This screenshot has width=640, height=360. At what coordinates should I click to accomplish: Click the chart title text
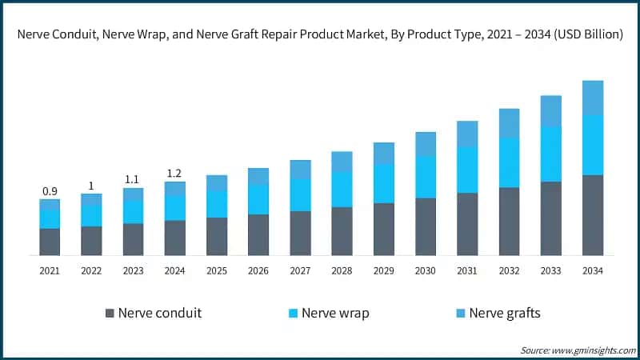320,35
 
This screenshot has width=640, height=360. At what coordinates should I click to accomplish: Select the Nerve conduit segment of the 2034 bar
592,215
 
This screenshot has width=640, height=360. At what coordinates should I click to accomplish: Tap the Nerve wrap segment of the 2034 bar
592,145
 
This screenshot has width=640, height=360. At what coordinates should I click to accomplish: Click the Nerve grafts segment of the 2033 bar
550,111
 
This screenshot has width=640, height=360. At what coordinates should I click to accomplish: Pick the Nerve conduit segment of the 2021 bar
50,242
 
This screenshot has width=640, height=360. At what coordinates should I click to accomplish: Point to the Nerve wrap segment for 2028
342,190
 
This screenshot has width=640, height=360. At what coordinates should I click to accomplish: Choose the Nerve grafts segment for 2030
426,144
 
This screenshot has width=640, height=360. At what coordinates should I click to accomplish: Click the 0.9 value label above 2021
50,191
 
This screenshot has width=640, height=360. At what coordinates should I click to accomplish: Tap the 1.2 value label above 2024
174,174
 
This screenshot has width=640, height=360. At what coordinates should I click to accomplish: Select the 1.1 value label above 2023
133,180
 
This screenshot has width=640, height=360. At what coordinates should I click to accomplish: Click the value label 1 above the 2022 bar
91,186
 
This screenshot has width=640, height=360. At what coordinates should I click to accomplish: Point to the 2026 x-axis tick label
258,271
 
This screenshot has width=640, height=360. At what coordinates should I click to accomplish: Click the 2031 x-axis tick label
467,271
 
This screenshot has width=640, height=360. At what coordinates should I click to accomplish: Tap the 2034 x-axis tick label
592,271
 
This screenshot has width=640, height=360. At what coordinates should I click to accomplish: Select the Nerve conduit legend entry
153,313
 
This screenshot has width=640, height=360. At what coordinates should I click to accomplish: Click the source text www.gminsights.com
593,350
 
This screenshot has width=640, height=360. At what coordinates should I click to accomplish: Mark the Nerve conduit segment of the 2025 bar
217,237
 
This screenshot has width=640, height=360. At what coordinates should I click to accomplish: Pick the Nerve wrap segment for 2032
509,162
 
